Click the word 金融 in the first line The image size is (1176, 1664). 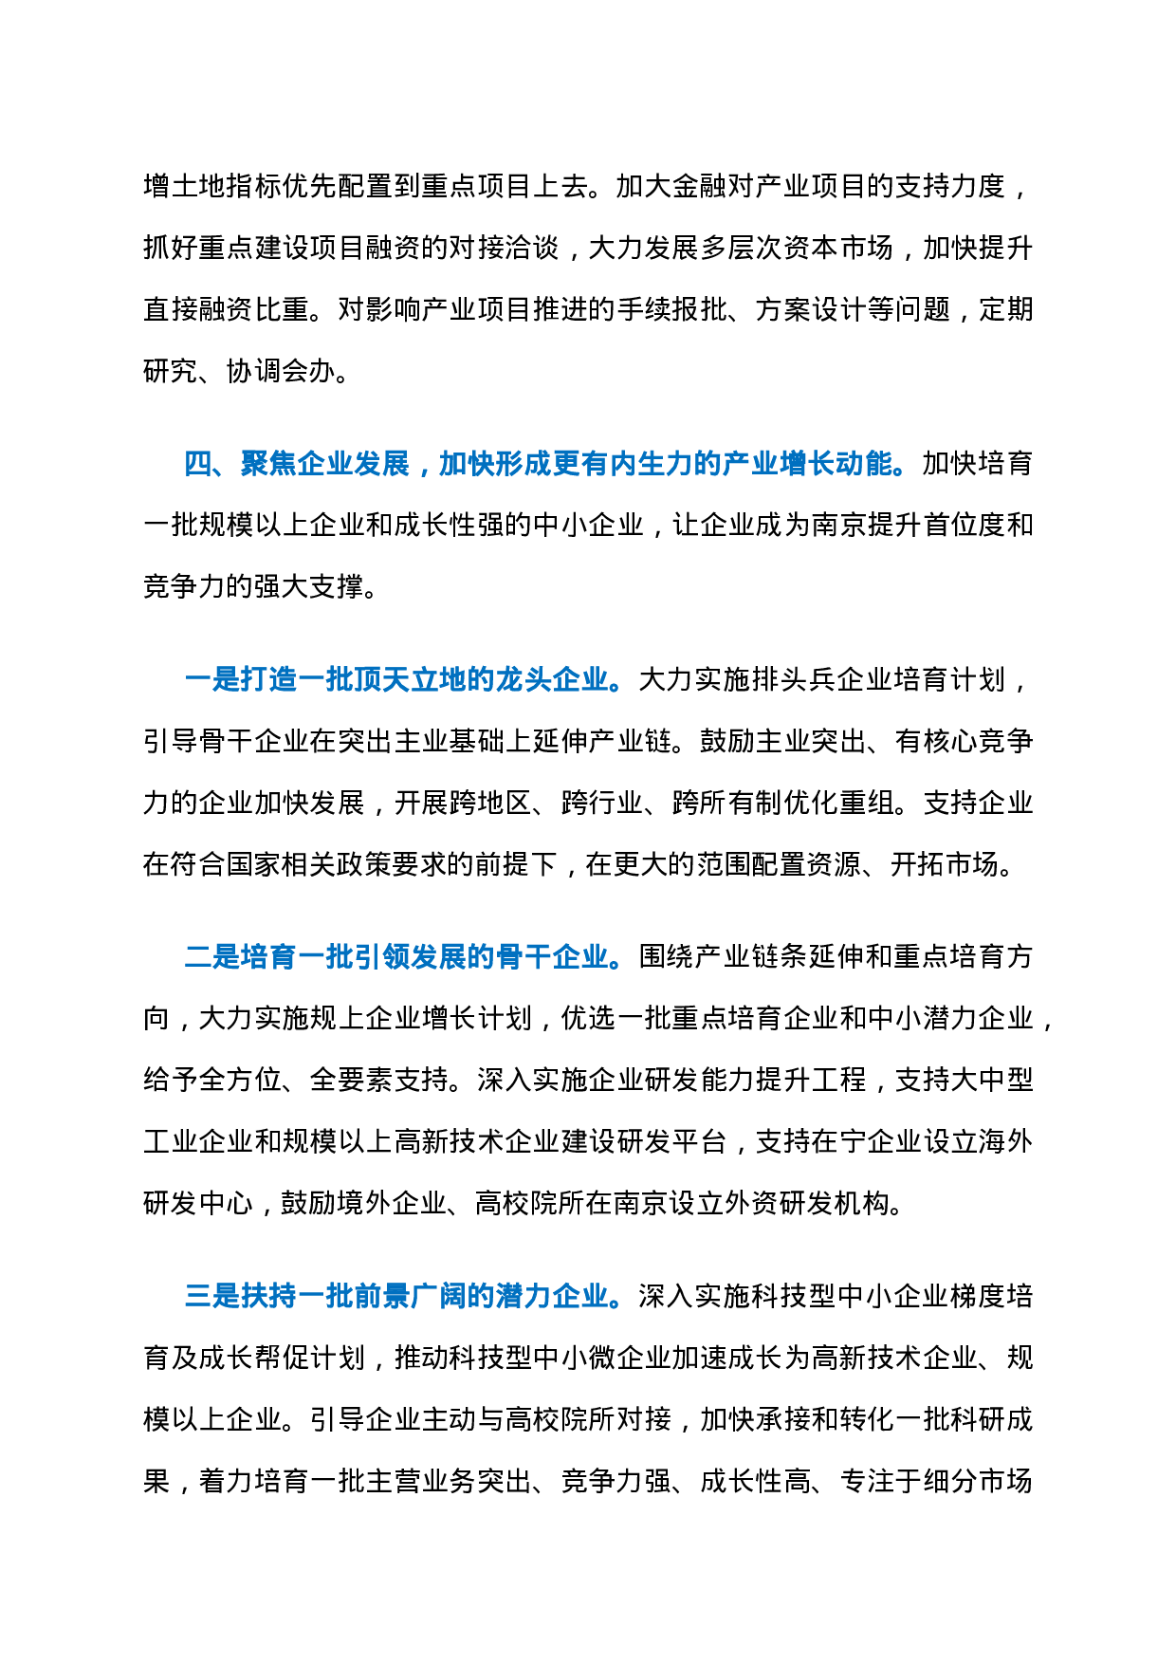[x=699, y=186]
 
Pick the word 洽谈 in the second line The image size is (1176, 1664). [x=532, y=248]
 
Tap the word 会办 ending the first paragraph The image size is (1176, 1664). [x=309, y=371]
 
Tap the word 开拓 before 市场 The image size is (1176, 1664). [x=917, y=864]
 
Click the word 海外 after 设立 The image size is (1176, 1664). [x=1006, y=1141]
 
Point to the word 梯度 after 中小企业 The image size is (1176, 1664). [x=978, y=1296]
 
